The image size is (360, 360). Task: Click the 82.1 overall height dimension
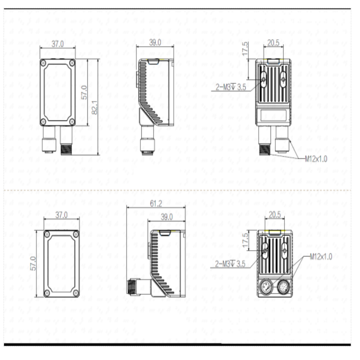click(95, 106)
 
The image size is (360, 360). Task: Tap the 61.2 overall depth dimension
click(156, 204)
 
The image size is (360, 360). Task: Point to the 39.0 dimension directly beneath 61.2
click(166, 217)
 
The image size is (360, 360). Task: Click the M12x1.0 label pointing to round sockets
click(321, 256)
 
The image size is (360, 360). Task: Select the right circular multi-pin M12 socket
click(283, 287)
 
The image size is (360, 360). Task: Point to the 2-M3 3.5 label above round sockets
click(230, 264)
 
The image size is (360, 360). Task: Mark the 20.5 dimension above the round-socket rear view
click(274, 215)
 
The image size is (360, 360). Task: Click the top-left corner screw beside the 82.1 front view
click(43, 63)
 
